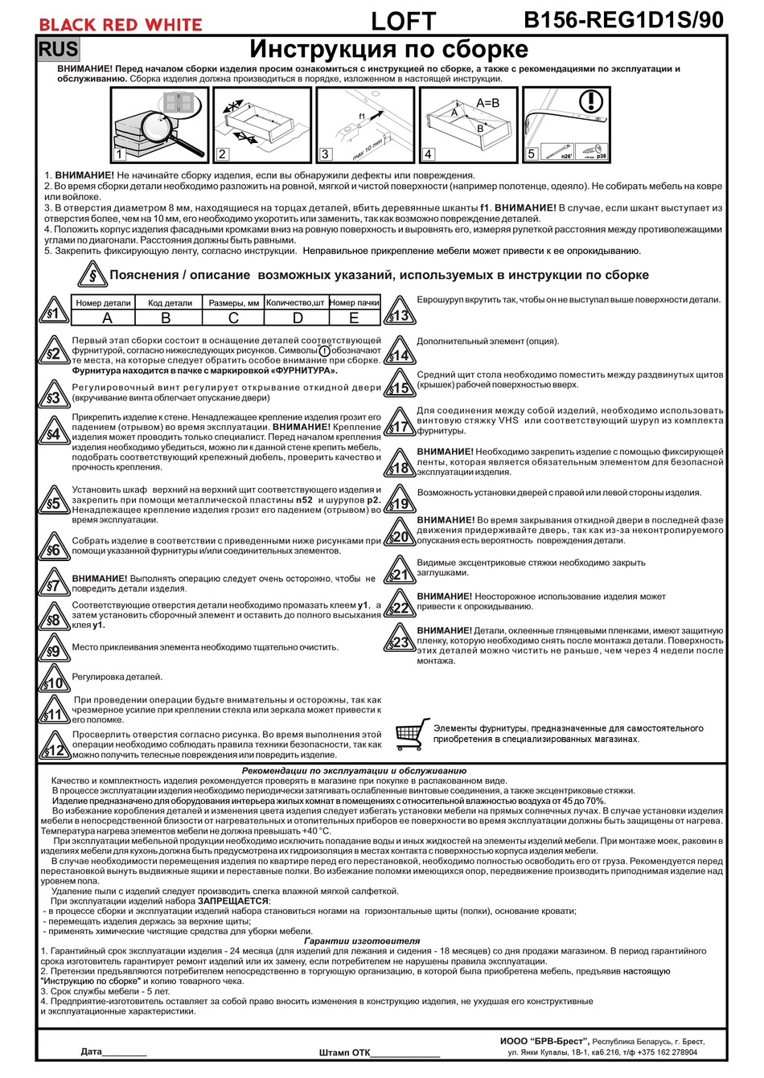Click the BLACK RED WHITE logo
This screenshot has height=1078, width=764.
(x=121, y=24)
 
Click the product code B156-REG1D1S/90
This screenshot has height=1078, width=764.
(x=623, y=21)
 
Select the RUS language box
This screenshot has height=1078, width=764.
(x=59, y=49)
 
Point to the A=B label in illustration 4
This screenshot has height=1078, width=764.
(x=487, y=103)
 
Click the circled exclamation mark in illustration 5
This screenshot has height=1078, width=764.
(x=591, y=102)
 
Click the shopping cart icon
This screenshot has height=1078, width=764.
(x=412, y=732)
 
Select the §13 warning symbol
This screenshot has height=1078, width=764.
(x=400, y=313)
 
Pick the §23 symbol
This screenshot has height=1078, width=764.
(x=400, y=641)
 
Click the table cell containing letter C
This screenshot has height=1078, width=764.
(x=233, y=318)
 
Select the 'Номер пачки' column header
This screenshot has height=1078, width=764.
(x=354, y=303)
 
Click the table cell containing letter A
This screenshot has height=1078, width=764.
(x=107, y=318)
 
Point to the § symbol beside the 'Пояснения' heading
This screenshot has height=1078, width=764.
(x=92, y=276)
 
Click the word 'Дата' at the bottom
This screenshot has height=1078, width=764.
(x=92, y=1051)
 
